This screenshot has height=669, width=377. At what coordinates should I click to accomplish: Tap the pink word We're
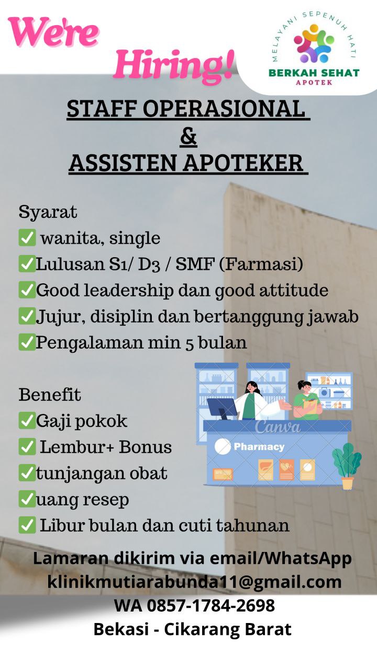pyautogui.click(x=53, y=32)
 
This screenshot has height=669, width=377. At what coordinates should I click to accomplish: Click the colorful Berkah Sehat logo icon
pyautogui.click(x=314, y=43)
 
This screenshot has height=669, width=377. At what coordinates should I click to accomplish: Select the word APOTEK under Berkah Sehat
pyautogui.click(x=314, y=83)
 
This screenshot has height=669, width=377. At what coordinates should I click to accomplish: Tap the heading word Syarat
pyautogui.click(x=48, y=212)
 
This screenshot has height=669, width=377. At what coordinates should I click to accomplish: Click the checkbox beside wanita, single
pyautogui.click(x=27, y=238)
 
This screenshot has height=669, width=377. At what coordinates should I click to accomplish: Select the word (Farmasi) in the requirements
pyautogui.click(x=261, y=264)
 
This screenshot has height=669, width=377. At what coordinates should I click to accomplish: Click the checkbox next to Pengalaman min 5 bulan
pyautogui.click(x=27, y=342)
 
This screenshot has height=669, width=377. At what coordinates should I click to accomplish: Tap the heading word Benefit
pyautogui.click(x=50, y=395)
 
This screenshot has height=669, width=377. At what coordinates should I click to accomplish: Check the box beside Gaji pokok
pyautogui.click(x=27, y=421)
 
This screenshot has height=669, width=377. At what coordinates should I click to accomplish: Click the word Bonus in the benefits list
pyautogui.click(x=146, y=447)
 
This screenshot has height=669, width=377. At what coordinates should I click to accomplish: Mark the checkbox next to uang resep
pyautogui.click(x=27, y=499)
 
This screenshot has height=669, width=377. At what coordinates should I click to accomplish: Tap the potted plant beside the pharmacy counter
pyautogui.click(x=347, y=466)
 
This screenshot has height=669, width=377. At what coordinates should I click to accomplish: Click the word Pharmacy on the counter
pyautogui.click(x=259, y=447)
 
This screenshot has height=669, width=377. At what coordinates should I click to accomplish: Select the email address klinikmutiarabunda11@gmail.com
pyautogui.click(x=194, y=582)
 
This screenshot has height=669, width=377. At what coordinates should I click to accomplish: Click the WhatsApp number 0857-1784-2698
pyautogui.click(x=210, y=606)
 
